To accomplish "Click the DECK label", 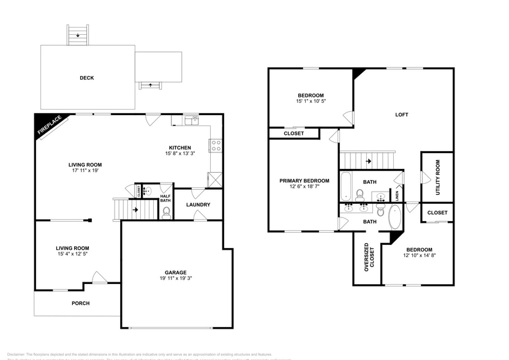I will [x=86, y=78].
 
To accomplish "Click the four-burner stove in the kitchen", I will [x=216, y=146].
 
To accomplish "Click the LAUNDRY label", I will [x=198, y=204].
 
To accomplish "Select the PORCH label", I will [x=81, y=303].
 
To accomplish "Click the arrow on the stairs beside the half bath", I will [x=134, y=209].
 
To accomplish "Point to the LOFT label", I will [x=401, y=114].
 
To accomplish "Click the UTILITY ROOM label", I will [x=438, y=178].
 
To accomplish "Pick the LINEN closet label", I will [x=397, y=196].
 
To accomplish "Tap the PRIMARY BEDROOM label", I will [x=304, y=181].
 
